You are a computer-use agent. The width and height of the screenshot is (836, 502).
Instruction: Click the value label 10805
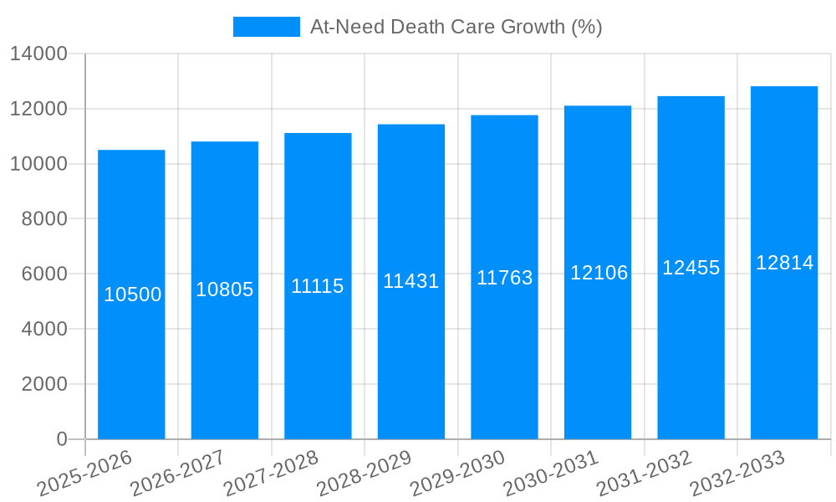225,289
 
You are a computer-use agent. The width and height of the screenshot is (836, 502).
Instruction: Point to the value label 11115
318,286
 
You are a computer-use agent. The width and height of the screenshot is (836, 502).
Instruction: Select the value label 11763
505,278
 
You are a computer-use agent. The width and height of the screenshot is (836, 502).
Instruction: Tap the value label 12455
691,268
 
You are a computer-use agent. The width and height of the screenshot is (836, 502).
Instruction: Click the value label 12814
784,263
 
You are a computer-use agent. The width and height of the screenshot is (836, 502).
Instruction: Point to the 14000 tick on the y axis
38,54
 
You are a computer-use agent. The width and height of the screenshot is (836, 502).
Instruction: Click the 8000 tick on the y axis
44,219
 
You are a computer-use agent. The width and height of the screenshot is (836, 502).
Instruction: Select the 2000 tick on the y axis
44,384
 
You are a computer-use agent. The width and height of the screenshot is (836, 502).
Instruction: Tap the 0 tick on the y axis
62,439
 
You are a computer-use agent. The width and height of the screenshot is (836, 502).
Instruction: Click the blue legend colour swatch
266,27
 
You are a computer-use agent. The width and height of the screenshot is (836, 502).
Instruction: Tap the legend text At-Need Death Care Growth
456,27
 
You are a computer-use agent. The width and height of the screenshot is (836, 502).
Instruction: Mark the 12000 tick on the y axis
38,109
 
